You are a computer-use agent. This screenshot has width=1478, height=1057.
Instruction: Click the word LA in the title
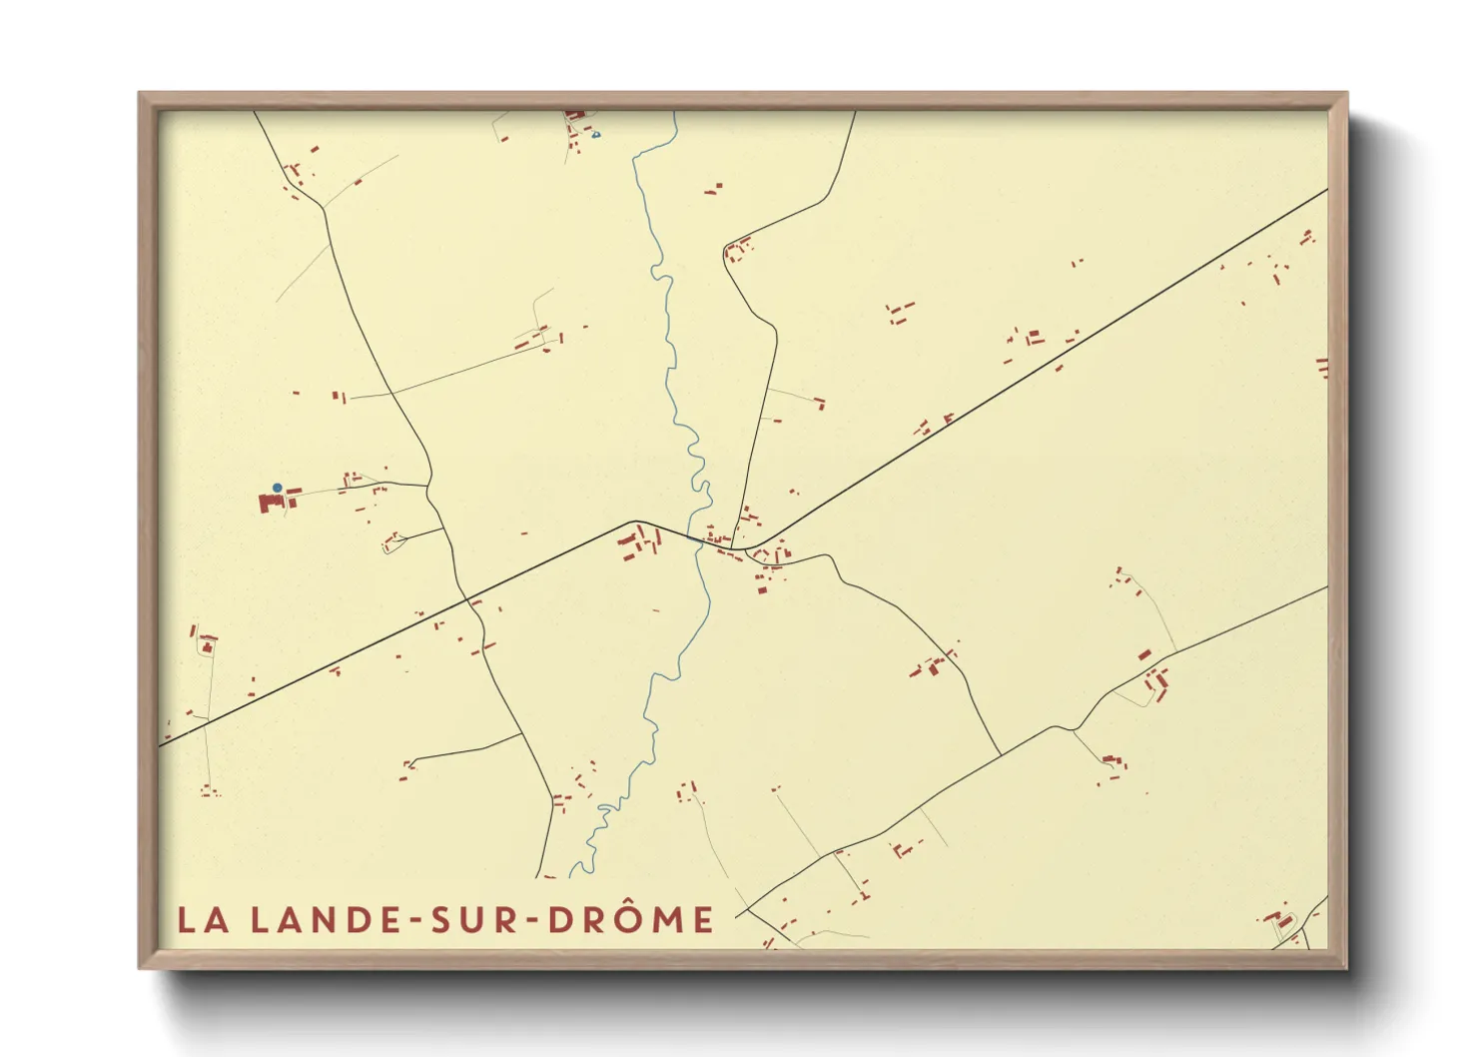[x=203, y=920]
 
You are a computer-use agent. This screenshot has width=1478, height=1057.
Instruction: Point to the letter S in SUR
[x=441, y=920]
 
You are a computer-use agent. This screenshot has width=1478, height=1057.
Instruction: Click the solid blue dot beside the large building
[x=278, y=488]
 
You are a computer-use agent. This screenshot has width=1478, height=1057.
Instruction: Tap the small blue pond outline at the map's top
[x=596, y=134]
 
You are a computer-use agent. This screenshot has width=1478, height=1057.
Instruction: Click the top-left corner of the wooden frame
[x=141, y=94]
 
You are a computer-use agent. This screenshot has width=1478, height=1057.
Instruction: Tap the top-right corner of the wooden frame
[x=1346, y=94]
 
